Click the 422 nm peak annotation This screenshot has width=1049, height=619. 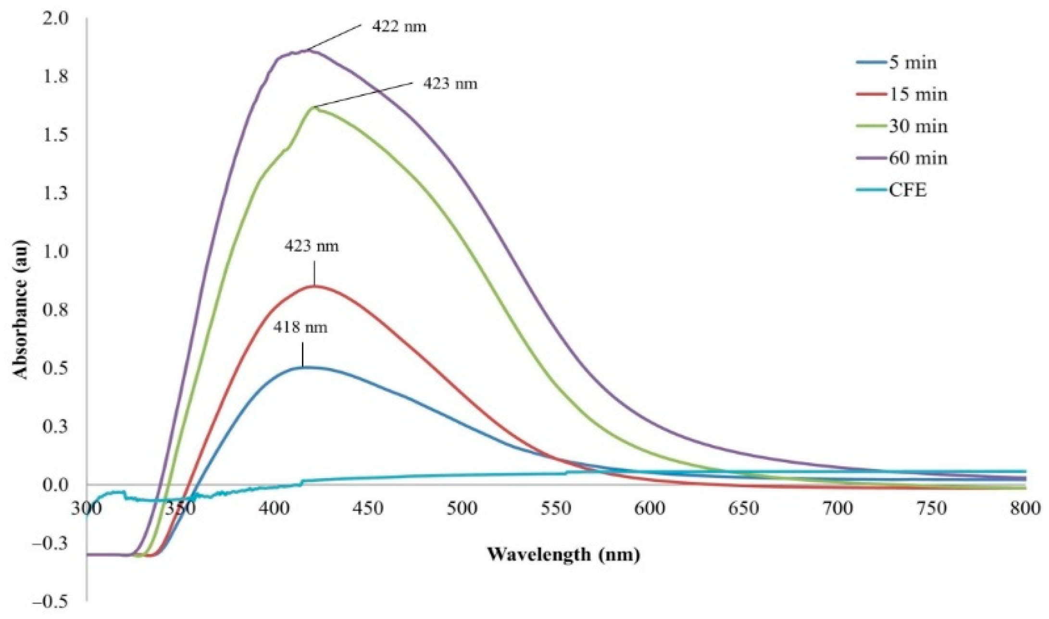(399, 26)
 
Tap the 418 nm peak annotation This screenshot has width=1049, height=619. (300, 328)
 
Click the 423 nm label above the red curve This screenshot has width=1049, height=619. (312, 247)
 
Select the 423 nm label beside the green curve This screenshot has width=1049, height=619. (450, 84)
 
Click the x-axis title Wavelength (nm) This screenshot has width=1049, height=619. (563, 555)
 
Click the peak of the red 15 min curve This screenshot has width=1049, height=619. (315, 286)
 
